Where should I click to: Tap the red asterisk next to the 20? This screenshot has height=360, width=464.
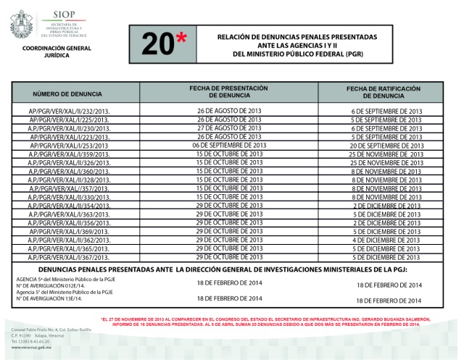[184, 41]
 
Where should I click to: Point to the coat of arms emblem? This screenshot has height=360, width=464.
[21, 24]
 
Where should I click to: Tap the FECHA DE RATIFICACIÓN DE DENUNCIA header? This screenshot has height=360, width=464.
[384, 91]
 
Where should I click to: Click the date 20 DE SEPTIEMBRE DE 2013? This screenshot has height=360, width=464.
[386, 145]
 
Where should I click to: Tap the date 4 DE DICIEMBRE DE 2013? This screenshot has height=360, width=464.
[386, 240]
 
